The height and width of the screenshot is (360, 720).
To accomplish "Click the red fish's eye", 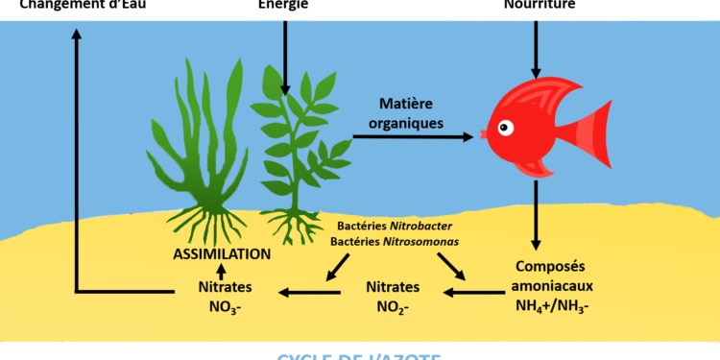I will click(505, 128).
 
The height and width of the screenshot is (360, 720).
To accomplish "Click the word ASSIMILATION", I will click(222, 255).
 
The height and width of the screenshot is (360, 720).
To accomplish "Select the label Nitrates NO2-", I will click(393, 297).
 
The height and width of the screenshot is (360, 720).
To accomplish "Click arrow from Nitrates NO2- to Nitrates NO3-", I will click(305, 288).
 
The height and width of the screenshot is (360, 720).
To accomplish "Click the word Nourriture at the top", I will click(538, 4).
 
